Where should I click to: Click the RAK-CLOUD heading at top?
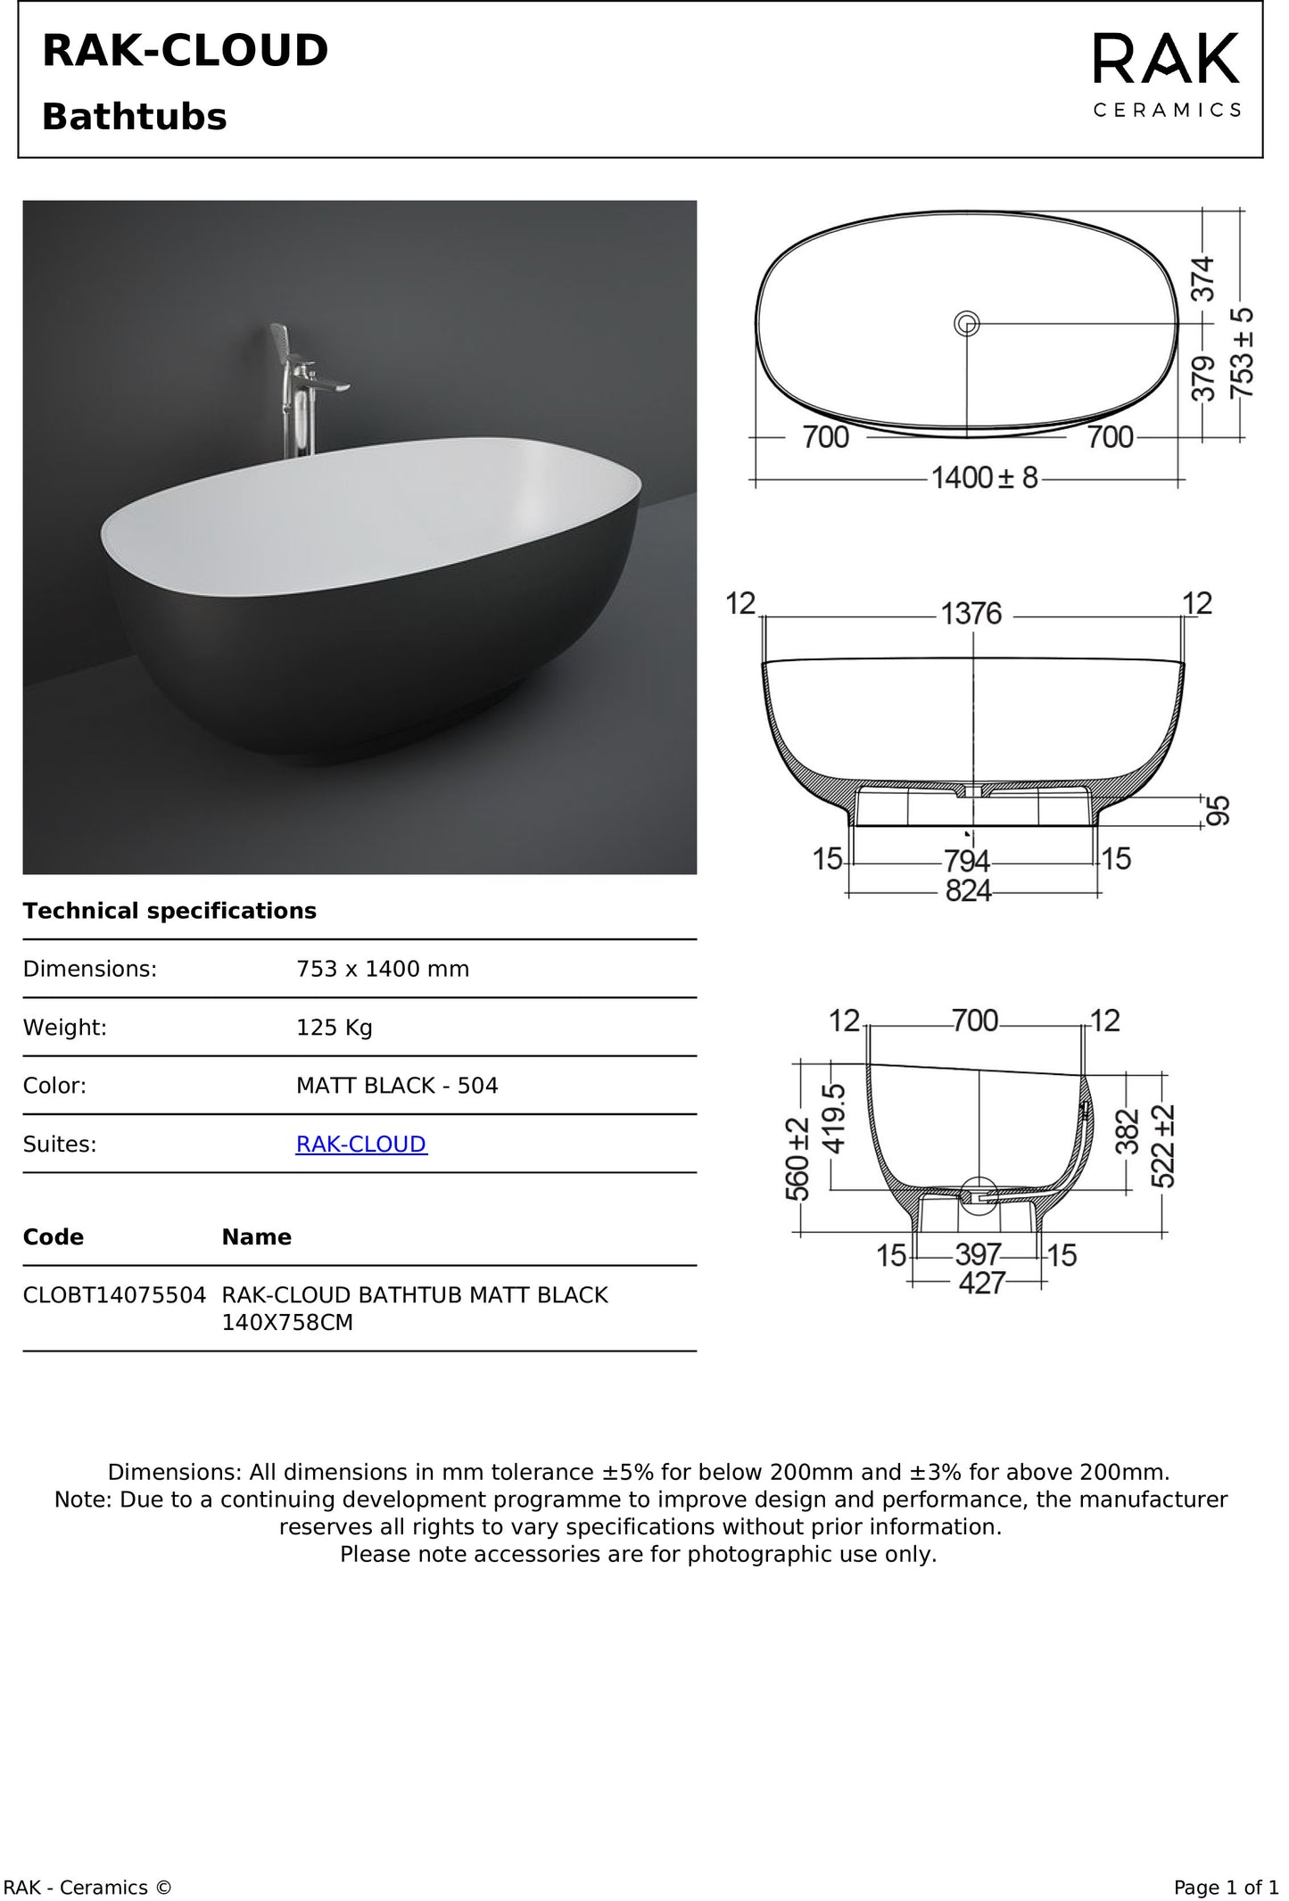click(x=186, y=51)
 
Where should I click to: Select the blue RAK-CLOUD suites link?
click(x=361, y=1144)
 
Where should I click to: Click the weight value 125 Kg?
click(x=334, y=1028)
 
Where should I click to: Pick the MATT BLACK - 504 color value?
click(x=397, y=1086)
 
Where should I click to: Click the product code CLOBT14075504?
click(x=114, y=1295)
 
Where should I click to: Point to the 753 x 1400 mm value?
click(x=382, y=969)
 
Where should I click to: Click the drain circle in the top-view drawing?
click(x=967, y=323)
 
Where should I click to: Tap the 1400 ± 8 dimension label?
click(x=985, y=478)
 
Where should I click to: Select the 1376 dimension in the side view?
click(x=971, y=614)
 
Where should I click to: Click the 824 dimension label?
click(x=969, y=890)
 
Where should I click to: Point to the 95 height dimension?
click(x=1219, y=811)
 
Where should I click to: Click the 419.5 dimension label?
click(x=833, y=1119)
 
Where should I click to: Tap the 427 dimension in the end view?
click(x=981, y=1283)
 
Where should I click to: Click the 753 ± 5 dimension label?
click(x=1241, y=353)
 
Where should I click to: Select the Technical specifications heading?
click(x=169, y=911)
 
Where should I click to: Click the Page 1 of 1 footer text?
click(x=1225, y=1888)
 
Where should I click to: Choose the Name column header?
click(x=256, y=1237)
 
